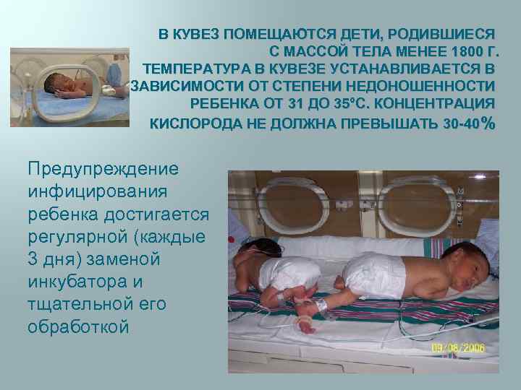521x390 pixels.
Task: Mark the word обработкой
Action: tap(78, 326)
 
